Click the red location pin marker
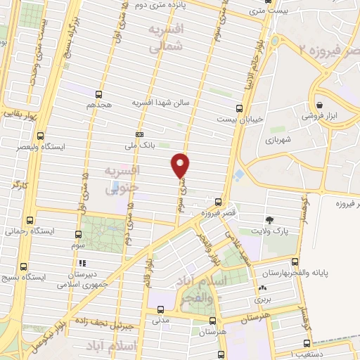pos(181,165)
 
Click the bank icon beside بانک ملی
pos(139,134)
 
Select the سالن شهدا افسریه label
pos(162,103)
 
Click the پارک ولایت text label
pos(270,231)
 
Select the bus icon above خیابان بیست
pos(239,108)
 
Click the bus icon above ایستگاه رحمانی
pos(29,219)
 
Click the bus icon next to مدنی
pos(160,309)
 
